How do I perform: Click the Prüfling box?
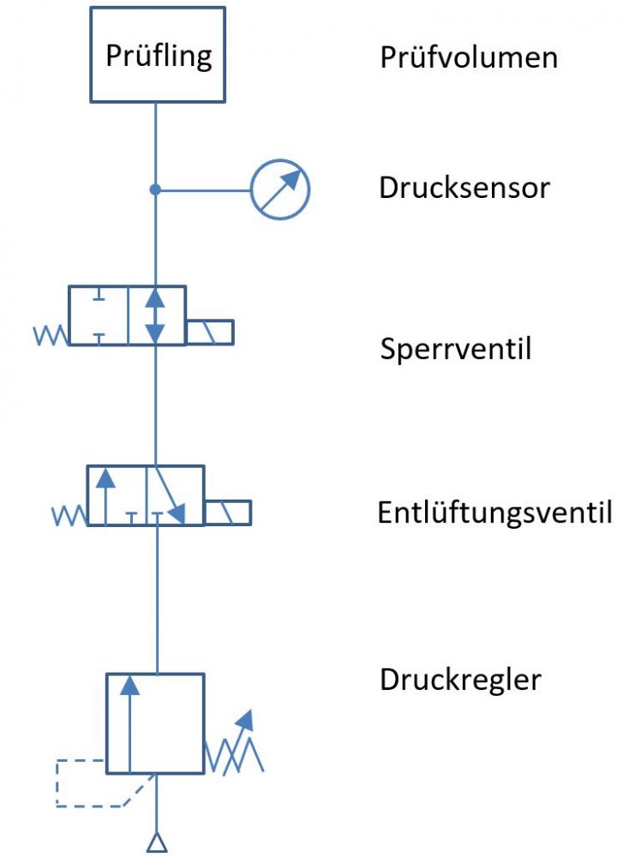(x=158, y=55)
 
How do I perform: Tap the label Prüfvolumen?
(x=468, y=57)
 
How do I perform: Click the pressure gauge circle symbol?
(x=279, y=189)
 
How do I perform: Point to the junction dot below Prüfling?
(x=155, y=189)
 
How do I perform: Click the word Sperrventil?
(x=456, y=349)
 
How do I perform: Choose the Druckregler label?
(x=460, y=680)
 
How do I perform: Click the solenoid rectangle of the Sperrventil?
(x=210, y=332)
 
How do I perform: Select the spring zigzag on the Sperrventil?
(x=51, y=334)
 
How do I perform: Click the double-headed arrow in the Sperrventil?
(x=155, y=315)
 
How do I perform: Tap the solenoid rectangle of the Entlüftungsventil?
(x=228, y=512)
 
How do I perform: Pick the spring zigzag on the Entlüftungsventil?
(x=69, y=515)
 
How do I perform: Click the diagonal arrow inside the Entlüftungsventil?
(x=166, y=495)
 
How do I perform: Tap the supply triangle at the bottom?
(x=156, y=843)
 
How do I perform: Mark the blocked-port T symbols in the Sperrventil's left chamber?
(x=99, y=315)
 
